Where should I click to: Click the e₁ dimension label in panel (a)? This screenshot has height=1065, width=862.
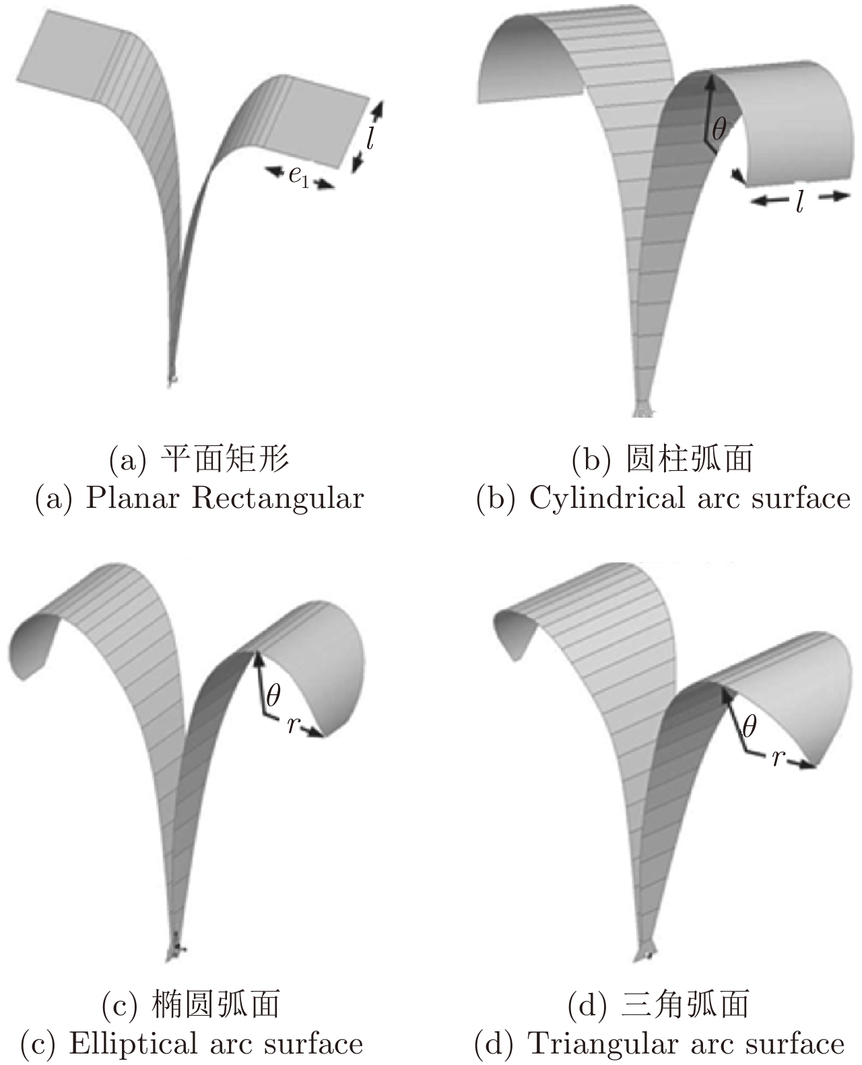(298, 176)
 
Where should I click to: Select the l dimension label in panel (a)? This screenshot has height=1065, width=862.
(370, 137)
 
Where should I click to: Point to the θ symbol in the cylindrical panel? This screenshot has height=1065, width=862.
(719, 129)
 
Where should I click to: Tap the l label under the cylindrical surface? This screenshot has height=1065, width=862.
(799, 201)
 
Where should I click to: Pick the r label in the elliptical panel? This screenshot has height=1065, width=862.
(292, 724)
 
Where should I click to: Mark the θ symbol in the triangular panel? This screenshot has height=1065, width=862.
(748, 727)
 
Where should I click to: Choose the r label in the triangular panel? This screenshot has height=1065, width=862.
(778, 757)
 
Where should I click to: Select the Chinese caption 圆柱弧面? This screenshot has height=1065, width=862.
(688, 460)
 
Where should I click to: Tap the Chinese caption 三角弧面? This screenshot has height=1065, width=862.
(685, 1005)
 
